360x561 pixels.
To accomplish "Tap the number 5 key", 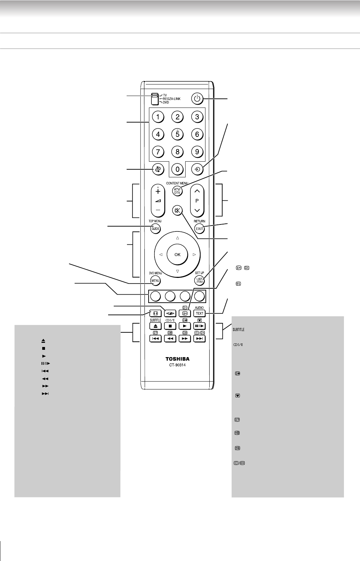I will [178, 134].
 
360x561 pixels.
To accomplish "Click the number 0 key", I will [178, 170].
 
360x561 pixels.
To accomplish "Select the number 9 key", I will [197, 152].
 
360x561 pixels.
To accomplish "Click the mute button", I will [178, 211].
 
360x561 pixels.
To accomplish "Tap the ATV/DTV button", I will [178, 191].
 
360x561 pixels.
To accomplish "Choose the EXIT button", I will [200, 229].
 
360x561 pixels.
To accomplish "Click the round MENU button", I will [155, 280].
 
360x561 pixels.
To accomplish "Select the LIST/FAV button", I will [200, 280].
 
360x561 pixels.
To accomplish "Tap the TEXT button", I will [200, 313].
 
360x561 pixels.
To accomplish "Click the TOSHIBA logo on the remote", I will [178, 359].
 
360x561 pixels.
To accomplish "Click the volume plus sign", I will [158, 191].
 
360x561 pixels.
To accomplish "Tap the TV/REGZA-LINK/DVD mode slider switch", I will [154, 99].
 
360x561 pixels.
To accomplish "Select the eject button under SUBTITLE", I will [155, 326].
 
